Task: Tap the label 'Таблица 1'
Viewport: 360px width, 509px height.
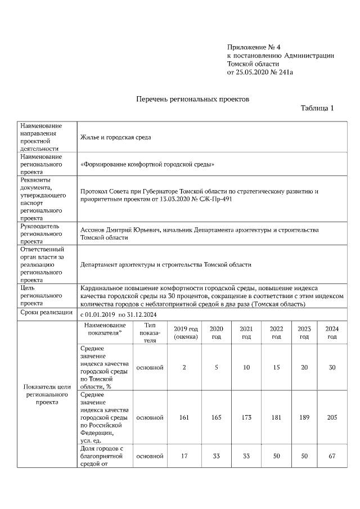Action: click(317, 108)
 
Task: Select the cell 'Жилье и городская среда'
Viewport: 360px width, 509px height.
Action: click(115, 137)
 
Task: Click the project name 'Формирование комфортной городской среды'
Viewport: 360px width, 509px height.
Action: click(147, 164)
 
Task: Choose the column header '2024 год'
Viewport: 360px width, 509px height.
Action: click(332, 332)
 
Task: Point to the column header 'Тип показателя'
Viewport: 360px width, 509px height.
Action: click(150, 332)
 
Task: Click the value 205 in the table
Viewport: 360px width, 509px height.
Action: click(332, 418)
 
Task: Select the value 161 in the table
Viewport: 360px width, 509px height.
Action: click(184, 418)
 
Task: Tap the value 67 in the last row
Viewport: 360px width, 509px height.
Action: click(332, 456)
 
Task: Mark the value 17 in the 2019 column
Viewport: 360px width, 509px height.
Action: click(184, 456)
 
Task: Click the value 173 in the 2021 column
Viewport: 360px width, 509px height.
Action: click(246, 418)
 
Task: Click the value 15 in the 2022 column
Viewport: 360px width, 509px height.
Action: click(276, 367)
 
